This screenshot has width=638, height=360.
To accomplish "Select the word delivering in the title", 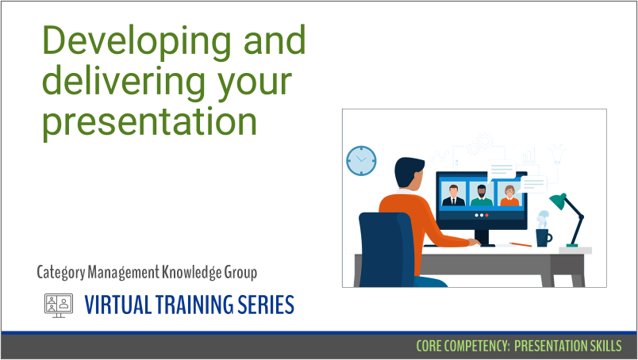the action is click(x=123, y=82).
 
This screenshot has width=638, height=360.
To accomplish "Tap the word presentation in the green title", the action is click(x=150, y=122).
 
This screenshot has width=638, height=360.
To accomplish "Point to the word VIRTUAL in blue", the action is click(x=117, y=304).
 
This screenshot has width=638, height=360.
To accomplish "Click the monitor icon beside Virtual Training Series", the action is click(x=59, y=305).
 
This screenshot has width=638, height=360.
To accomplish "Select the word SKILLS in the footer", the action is click(x=605, y=346).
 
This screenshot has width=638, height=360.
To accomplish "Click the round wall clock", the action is click(x=361, y=161).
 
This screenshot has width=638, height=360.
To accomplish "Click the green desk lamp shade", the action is click(x=558, y=201).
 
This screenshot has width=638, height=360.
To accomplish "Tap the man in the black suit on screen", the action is click(x=453, y=195).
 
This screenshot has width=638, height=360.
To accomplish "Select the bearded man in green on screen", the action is click(x=482, y=196).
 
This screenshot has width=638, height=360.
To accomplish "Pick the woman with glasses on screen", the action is click(x=509, y=196).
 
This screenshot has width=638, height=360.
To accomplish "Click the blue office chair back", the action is click(x=386, y=249).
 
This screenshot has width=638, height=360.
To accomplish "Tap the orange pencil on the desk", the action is click(x=521, y=244).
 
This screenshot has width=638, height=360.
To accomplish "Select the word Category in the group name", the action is click(x=61, y=272).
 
